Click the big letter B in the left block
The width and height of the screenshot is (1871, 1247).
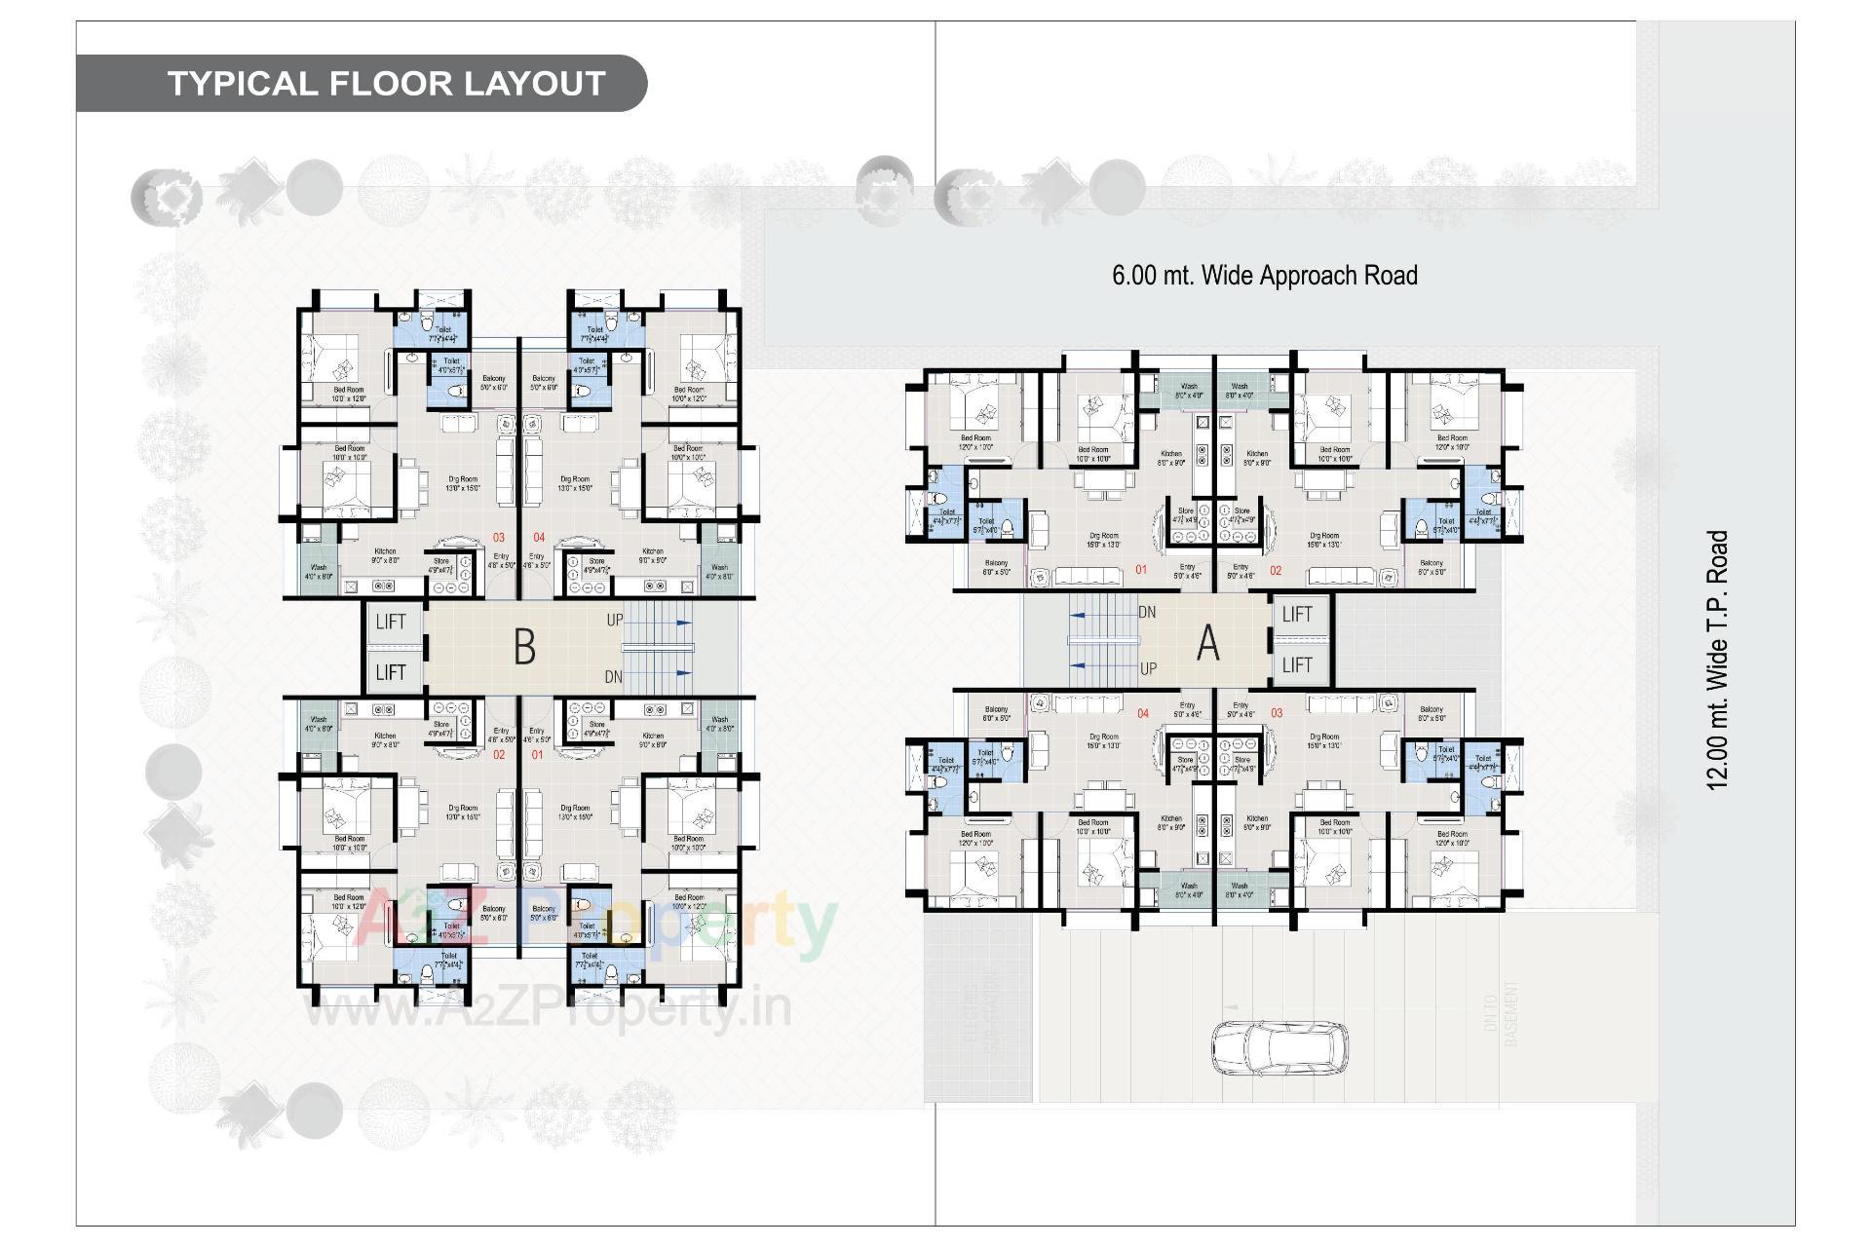click(524, 647)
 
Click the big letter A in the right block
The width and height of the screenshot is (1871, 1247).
click(1207, 643)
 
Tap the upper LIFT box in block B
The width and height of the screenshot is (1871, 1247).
click(391, 622)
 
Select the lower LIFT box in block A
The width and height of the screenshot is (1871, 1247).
click(1297, 665)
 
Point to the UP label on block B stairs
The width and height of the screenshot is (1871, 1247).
click(615, 620)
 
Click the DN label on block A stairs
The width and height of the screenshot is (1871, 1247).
click(1147, 613)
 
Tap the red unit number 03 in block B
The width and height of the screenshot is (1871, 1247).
click(498, 538)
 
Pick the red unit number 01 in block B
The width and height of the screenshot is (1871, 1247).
click(537, 755)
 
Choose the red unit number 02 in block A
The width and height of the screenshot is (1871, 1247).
click(1276, 571)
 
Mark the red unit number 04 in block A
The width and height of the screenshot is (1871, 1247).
click(1143, 714)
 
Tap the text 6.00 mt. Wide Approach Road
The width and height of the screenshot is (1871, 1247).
click(1264, 276)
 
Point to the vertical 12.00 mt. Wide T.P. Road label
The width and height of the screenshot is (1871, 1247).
click(1717, 660)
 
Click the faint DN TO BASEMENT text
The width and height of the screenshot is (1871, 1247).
click(1511, 1013)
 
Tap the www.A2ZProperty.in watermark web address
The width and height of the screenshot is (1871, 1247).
click(548, 1009)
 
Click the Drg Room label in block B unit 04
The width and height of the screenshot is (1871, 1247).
click(575, 479)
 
